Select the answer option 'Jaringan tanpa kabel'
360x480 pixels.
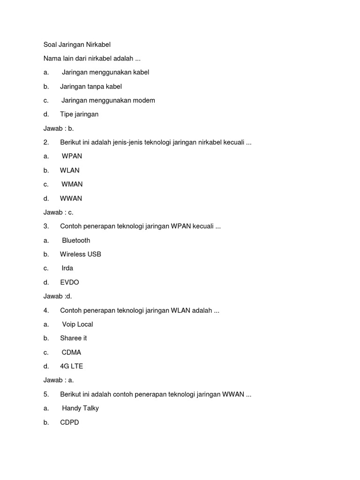(91, 87)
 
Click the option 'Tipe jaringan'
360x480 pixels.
(79, 114)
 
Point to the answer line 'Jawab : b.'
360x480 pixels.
(59, 128)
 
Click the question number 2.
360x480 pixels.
(46, 142)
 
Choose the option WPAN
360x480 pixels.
(72, 156)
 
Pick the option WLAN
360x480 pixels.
(70, 170)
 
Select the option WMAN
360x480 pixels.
(72, 184)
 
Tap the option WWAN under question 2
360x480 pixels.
(71, 198)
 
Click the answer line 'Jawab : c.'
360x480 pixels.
(59, 212)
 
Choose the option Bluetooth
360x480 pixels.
(76, 240)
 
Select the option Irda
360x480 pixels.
(67, 268)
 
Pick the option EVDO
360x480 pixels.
(69, 282)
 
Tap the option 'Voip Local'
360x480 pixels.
(77, 324)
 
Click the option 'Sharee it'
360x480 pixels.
(73, 338)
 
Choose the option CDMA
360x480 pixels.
(71, 352)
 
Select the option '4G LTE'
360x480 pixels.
(71, 366)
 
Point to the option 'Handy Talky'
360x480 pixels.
(80, 408)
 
